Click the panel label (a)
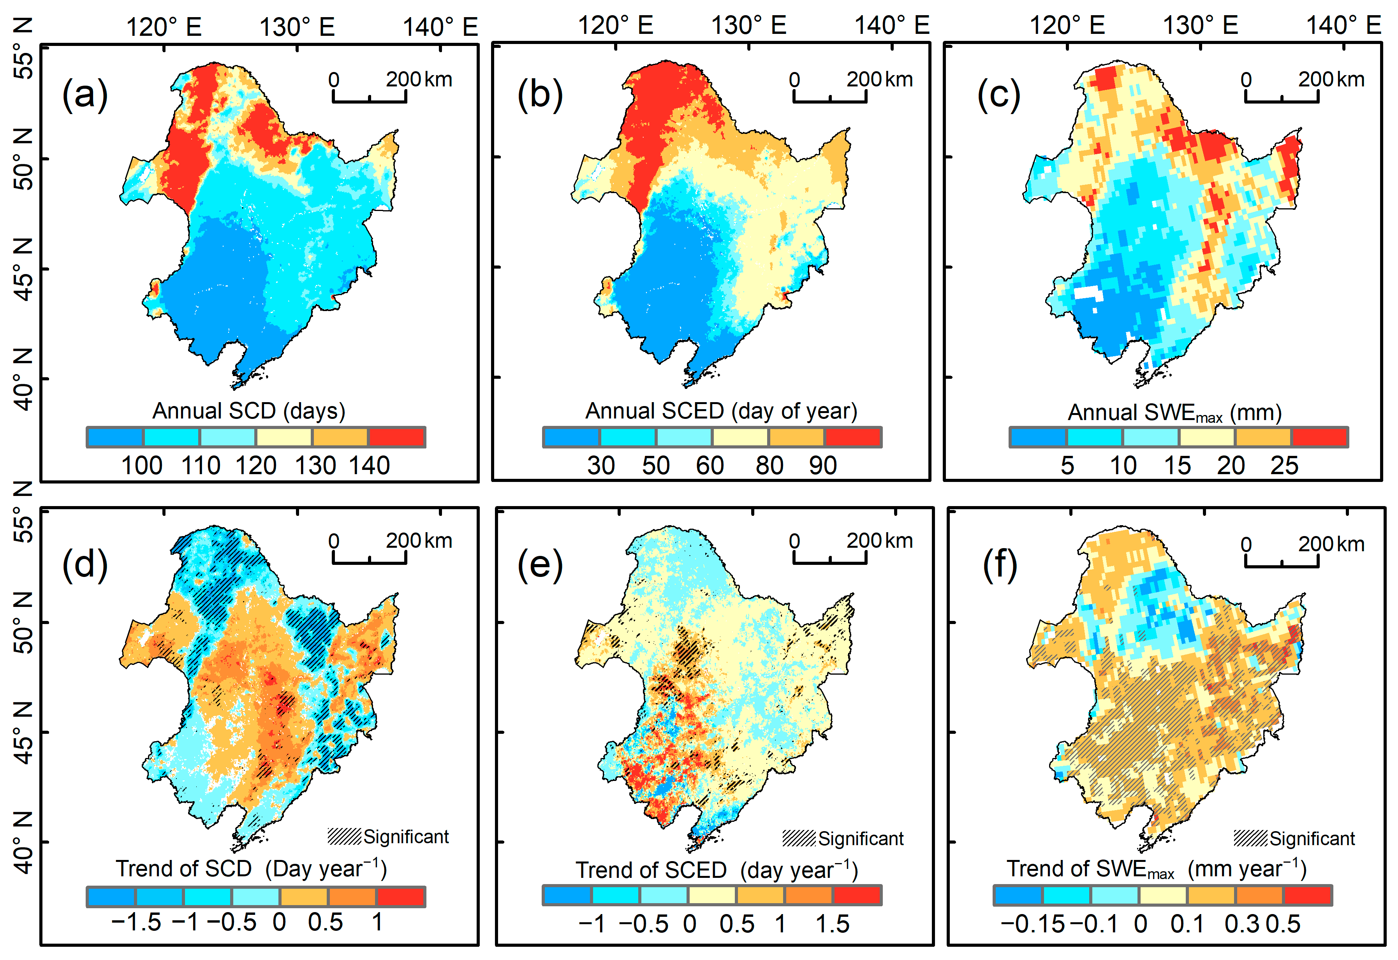click(85, 95)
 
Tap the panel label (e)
click(540, 565)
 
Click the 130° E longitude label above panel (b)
click(748, 26)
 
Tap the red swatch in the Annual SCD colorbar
click(397, 437)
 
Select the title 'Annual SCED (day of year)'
click(721, 411)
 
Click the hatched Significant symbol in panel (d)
click(344, 836)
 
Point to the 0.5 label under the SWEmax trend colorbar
click(1284, 924)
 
